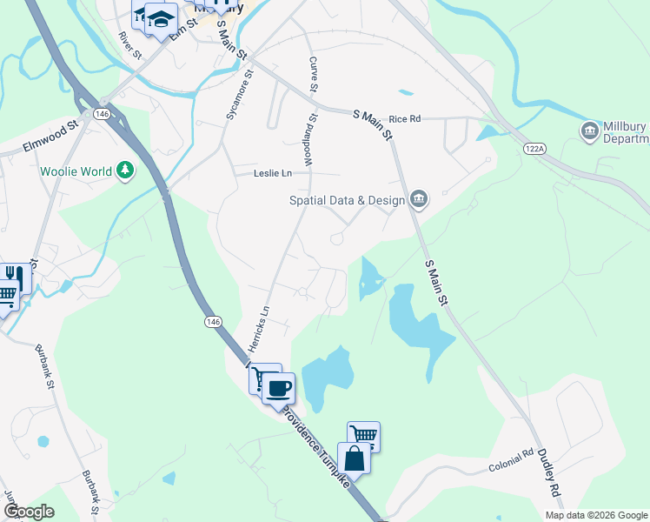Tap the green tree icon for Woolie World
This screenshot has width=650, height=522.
pyautogui.click(x=126, y=171)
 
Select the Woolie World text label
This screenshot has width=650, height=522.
pyautogui.click(x=76, y=171)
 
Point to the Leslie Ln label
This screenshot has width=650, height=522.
pyautogui.click(x=272, y=173)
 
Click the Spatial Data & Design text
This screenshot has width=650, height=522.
pyautogui.click(x=348, y=200)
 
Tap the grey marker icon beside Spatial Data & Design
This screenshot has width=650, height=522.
pyautogui.click(x=419, y=200)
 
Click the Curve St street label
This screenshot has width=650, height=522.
pyautogui.click(x=314, y=74)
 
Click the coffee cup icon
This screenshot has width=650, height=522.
pyautogui.click(x=279, y=387)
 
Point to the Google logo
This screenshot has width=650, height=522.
pyautogui.click(x=29, y=512)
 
